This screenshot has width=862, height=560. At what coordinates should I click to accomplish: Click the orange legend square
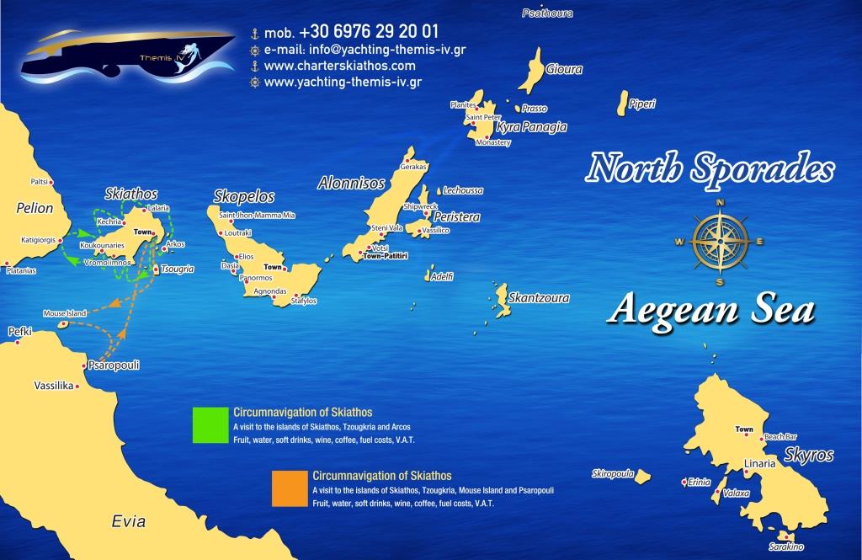pyautogui.click(x=289, y=488)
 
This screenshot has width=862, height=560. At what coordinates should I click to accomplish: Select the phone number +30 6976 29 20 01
pyautogui.click(x=366, y=32)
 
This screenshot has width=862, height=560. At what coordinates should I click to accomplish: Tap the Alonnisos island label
pyautogui.click(x=351, y=183)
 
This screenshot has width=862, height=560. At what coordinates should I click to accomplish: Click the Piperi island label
pyautogui.click(x=642, y=104)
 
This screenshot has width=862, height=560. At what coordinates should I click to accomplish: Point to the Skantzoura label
pyautogui.click(x=539, y=298)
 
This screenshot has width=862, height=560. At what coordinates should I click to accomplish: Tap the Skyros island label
pyautogui.click(x=808, y=456)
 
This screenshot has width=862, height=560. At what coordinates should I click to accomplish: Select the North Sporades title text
pyautogui.click(x=712, y=169)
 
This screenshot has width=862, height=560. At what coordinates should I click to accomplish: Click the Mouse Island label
pyautogui.click(x=65, y=313)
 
